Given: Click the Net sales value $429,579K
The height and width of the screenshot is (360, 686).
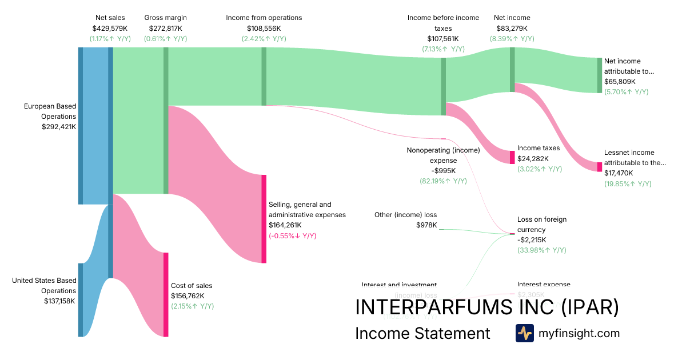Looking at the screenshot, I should (x=110, y=28).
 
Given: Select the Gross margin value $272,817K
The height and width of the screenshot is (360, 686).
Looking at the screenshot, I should (x=165, y=28).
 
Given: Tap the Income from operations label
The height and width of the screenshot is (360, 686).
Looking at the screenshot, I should (x=264, y=18).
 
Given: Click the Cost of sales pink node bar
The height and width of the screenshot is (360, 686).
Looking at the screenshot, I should (x=166, y=294).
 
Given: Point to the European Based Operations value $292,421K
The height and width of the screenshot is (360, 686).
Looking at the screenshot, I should (x=59, y=127).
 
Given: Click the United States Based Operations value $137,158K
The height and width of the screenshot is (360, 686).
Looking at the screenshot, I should (x=59, y=301).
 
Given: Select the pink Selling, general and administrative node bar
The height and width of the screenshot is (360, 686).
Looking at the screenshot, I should (x=264, y=219).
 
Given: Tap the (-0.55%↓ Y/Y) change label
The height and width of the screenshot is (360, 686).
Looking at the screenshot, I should (x=292, y=236).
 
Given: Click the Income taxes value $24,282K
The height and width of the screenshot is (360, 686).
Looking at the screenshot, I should (x=533, y=159).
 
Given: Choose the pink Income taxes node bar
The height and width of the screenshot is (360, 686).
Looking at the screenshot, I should (x=512, y=157).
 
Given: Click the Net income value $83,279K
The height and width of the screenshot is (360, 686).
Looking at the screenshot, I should (x=512, y=28).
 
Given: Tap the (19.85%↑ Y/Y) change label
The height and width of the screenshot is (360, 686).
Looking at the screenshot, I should (x=628, y=183).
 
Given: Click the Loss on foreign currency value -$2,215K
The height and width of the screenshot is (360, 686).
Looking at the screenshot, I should (x=532, y=240).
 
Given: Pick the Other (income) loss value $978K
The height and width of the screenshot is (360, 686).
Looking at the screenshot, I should (x=426, y=225).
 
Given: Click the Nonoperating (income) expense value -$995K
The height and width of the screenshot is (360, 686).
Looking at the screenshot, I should (x=443, y=171).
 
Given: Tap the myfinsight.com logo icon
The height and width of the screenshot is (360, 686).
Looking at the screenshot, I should (x=524, y=333).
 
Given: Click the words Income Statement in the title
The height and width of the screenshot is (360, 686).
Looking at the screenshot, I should (x=422, y=333).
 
